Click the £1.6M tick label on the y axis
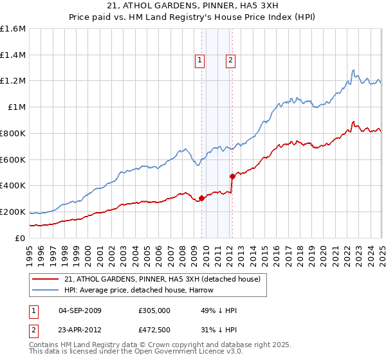coord(13,29)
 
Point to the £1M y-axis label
coord(17,107)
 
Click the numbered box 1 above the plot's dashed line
coord(199,61)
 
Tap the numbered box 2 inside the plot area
coord(230,61)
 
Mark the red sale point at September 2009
coord(201,198)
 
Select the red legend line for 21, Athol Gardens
coord(45,279)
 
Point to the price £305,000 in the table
coord(153,310)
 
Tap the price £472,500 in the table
coord(153,329)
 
